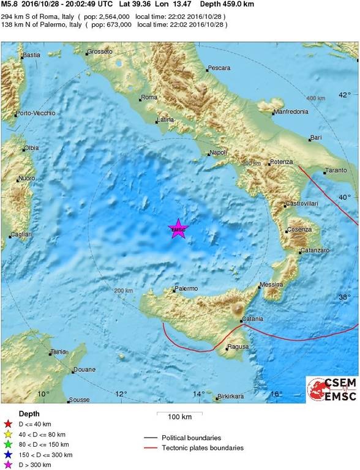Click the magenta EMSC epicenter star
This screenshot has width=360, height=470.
pyautogui.click(x=178, y=229)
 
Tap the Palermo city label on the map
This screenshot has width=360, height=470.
pyautogui.click(x=186, y=288)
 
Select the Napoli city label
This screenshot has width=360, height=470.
pyautogui.click(x=219, y=152)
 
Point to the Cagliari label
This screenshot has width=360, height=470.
pyautogui.click(x=21, y=234)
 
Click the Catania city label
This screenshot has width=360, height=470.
pyautogui.click(x=252, y=319)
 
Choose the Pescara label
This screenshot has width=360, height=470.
pyautogui.click(x=219, y=67)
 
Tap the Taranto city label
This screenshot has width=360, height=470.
pyautogui.click(x=336, y=170)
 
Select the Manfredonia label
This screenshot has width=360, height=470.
pyautogui.click(x=290, y=112)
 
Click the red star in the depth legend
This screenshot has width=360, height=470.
pyautogui.click(x=8, y=423)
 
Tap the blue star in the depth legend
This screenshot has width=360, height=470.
pyautogui.click(x=8, y=455)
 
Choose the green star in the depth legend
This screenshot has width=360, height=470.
pyautogui.click(x=8, y=444)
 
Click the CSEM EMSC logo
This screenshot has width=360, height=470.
pyautogui.click(x=332, y=389)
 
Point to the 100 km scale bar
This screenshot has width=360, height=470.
pyautogui.click(x=179, y=417)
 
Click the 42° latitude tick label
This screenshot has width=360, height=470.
pyautogui.click(x=345, y=95)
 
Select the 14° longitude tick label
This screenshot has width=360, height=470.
pyautogui.click(x=198, y=394)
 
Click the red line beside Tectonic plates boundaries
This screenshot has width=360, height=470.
pyautogui.click(x=151, y=448)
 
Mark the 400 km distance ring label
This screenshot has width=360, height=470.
pyautogui.click(x=315, y=98)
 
